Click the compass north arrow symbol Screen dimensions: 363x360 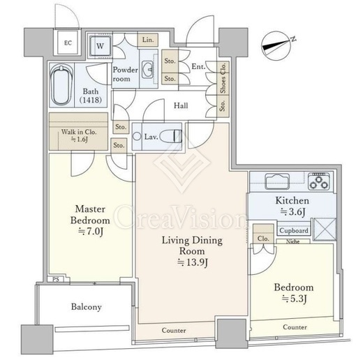(x=276, y=45)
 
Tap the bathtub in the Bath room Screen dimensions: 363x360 (x=61, y=84)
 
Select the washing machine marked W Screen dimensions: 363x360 (x=100, y=46)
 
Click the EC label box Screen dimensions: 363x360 (x=68, y=43)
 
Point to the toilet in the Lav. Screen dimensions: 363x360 (x=171, y=136)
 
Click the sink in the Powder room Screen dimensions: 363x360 (x=147, y=69)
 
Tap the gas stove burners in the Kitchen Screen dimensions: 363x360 (x=319, y=181)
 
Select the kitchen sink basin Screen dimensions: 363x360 (x=277, y=181)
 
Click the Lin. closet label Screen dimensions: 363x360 (x=148, y=40)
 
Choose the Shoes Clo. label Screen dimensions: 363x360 (x=223, y=78)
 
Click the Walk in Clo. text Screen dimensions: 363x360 (x=79, y=132)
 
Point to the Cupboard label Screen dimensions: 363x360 (x=294, y=230)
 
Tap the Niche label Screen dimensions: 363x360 (x=292, y=241)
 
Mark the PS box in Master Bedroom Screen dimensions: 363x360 (x=56, y=279)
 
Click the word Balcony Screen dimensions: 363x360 (x=87, y=307)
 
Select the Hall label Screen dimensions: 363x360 (x=181, y=105)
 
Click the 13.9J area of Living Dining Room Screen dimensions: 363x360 (x=193, y=262)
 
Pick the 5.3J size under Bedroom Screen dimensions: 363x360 (x=294, y=299)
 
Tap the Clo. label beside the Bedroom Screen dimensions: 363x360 (x=263, y=239)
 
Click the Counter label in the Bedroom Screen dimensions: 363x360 (x=295, y=327)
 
